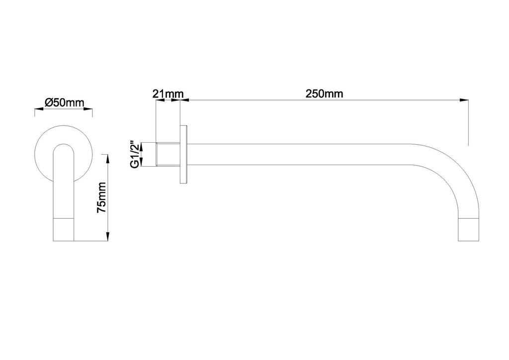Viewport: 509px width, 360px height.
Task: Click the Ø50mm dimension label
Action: [64, 103]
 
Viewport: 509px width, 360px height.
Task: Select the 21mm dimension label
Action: [168, 94]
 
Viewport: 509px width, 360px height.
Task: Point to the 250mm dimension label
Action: [324, 94]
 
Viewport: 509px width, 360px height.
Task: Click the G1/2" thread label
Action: [134, 154]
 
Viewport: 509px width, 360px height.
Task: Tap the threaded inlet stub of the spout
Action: [168, 155]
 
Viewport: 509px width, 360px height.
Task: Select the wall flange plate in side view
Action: [184, 155]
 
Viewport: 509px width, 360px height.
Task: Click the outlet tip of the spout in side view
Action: [468, 231]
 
